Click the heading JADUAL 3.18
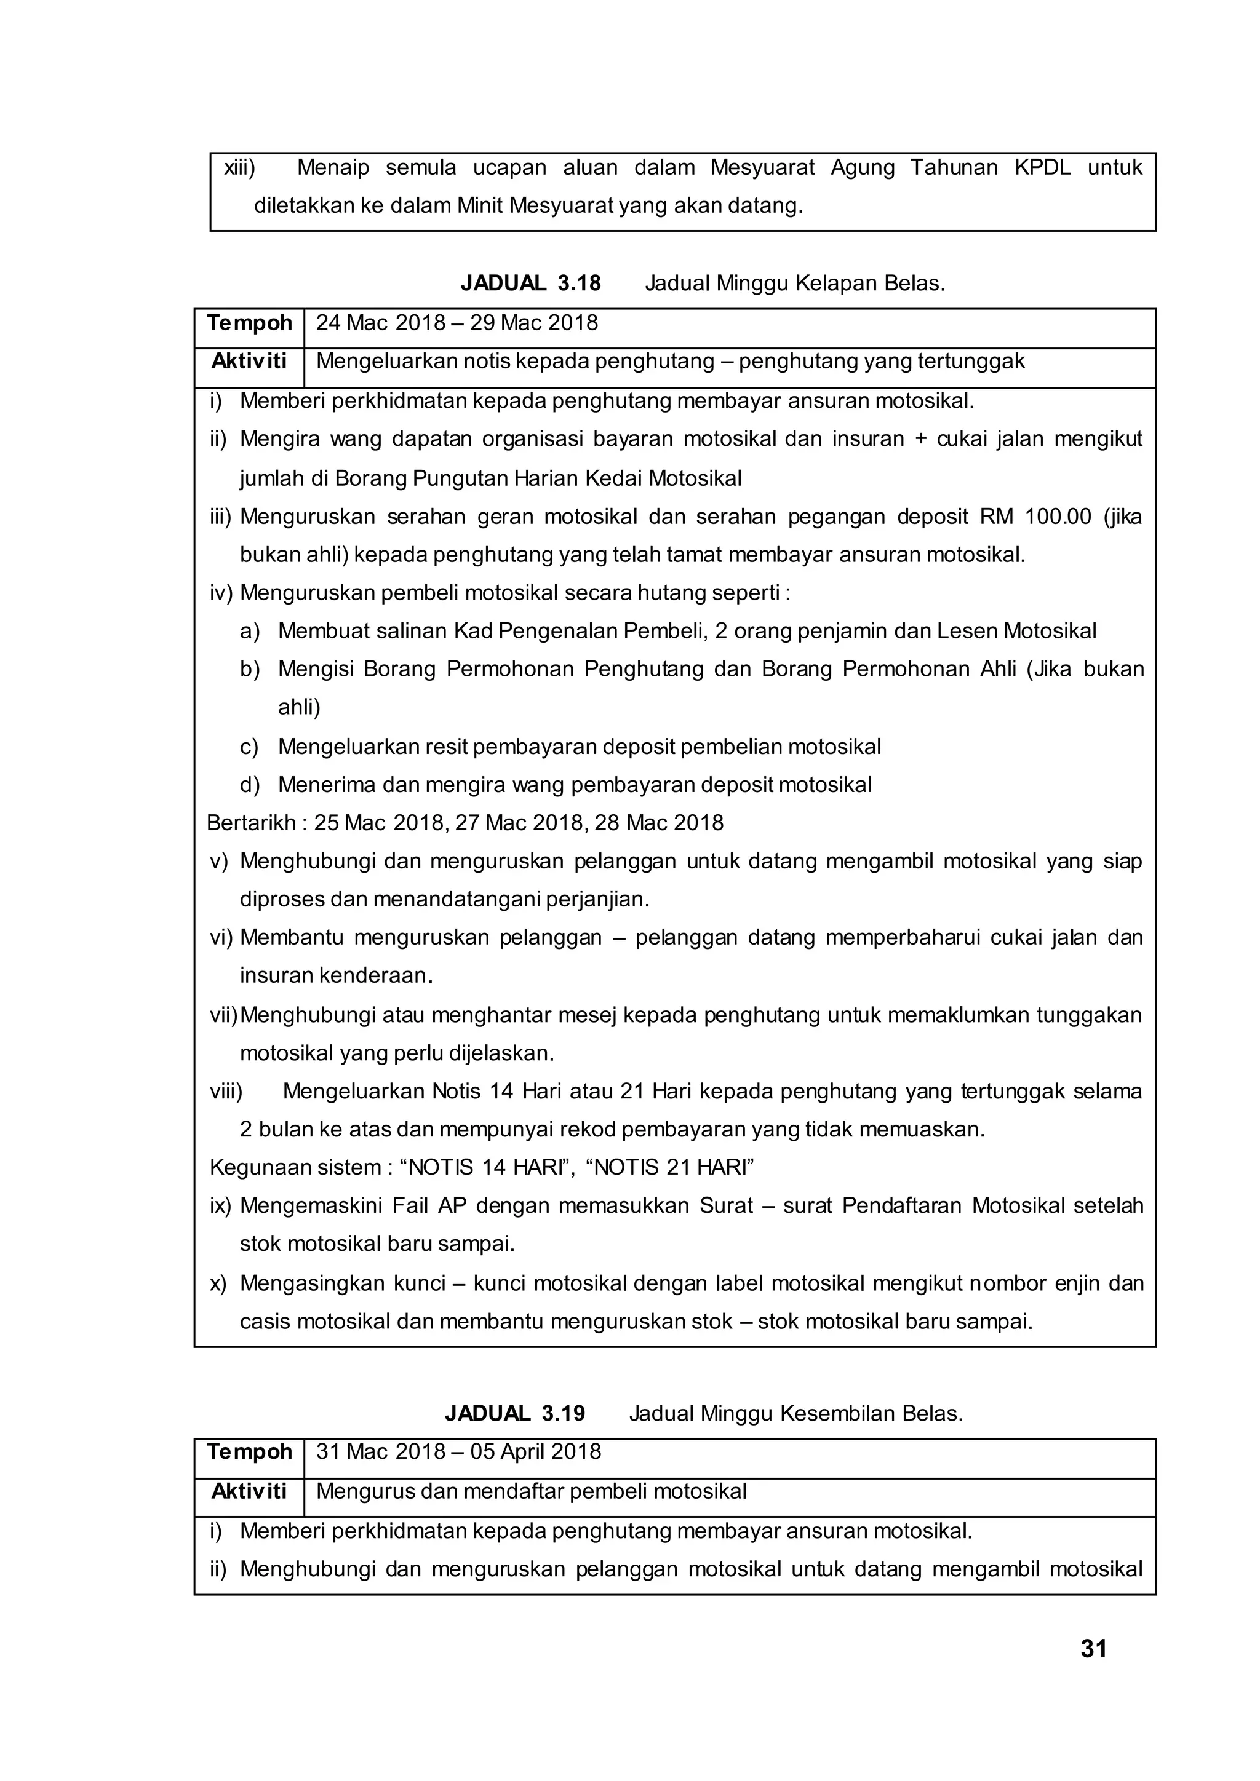[x=531, y=283]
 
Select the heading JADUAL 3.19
[x=514, y=1413]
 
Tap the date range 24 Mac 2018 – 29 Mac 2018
[x=457, y=323]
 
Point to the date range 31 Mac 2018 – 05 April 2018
[x=458, y=1451]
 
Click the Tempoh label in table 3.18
[x=249, y=323]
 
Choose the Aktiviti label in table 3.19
[x=249, y=1491]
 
